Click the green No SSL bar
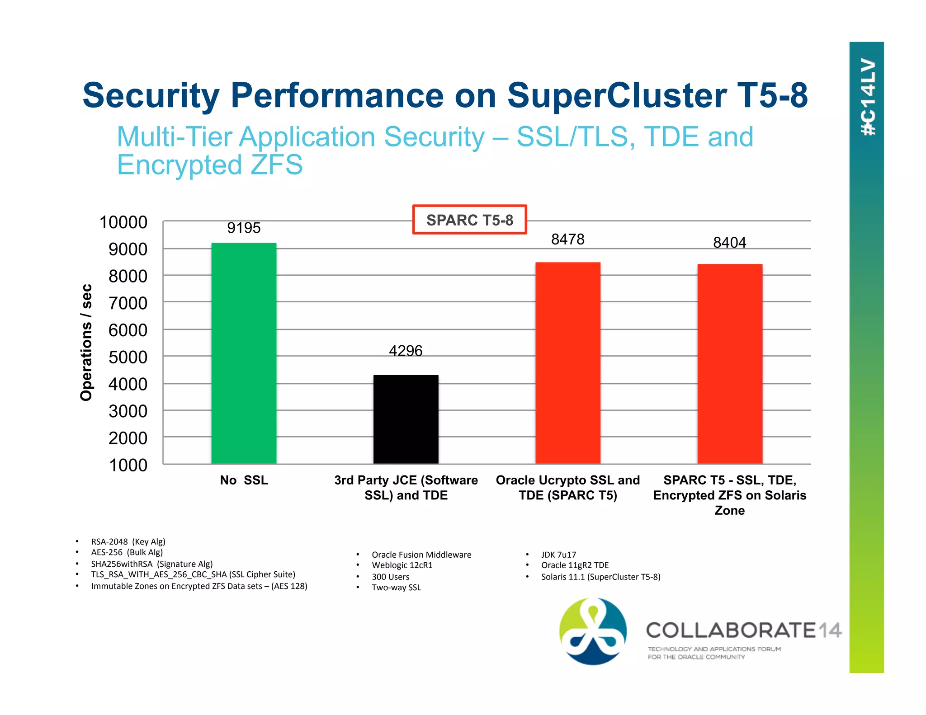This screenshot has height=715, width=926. click(x=244, y=353)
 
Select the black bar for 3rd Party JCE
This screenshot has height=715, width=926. click(x=406, y=419)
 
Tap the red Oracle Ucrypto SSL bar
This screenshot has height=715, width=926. click(x=567, y=362)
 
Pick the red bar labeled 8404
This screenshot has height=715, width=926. click(x=729, y=363)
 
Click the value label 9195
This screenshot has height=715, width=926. click(x=244, y=228)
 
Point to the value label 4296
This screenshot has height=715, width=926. click(x=406, y=351)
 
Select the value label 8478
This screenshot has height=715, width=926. click(x=567, y=239)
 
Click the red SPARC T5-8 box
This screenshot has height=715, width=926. click(x=469, y=220)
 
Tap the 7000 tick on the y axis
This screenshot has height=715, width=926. click(x=128, y=303)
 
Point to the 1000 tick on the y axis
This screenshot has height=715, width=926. click(x=128, y=465)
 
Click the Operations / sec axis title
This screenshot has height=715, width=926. click(x=86, y=342)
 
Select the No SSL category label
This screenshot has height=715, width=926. click(x=244, y=480)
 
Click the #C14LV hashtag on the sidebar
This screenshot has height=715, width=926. click(x=868, y=97)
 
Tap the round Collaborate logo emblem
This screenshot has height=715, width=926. click(x=593, y=631)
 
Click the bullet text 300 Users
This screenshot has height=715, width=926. click(x=390, y=577)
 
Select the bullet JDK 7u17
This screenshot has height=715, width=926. click(x=558, y=555)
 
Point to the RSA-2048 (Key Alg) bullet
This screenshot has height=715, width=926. click(x=128, y=541)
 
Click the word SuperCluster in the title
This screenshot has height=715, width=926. click(x=616, y=95)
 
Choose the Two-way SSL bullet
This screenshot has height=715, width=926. click(x=396, y=588)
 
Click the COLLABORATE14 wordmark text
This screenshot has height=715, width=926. click(x=743, y=630)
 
